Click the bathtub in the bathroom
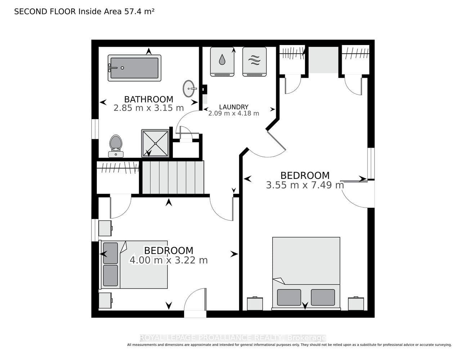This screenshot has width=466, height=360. (134, 68)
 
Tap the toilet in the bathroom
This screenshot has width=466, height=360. (116, 146)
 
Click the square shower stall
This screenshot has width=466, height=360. (155, 143)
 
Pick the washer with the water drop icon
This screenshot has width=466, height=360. (222, 62)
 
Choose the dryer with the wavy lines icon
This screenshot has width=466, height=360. (255, 62)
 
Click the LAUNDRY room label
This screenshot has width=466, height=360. (234, 107)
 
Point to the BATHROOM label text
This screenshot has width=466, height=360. (149, 99)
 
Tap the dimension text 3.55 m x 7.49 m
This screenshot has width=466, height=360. (305, 185)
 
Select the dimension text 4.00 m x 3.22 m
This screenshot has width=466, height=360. (169, 260)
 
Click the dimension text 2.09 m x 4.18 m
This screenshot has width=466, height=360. (234, 113)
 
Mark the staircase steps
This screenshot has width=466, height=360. (173, 177)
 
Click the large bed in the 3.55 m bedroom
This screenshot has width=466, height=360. (306, 274)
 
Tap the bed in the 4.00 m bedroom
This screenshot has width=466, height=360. (133, 265)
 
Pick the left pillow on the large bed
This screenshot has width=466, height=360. (289, 297)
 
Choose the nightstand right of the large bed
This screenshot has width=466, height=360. (356, 303)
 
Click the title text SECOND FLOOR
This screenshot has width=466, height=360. (45, 12)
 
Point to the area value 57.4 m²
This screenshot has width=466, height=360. (139, 12)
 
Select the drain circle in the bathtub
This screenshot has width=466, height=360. (122, 68)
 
